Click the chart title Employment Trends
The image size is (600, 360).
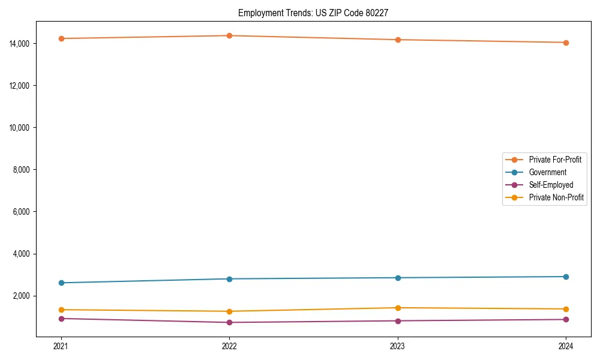point(313,13)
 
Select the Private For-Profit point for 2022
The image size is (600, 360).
point(229,35)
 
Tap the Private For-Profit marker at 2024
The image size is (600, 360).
point(566,43)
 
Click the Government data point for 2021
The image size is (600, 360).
point(61,283)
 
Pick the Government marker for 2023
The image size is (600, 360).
point(398,278)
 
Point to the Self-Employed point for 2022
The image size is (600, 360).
point(229,322)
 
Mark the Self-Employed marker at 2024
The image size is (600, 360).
point(566,319)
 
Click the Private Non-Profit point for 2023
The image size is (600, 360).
point(398,308)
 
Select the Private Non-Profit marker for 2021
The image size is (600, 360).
point(61,310)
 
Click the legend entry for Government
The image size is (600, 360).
point(547,172)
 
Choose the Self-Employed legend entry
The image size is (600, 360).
point(551,185)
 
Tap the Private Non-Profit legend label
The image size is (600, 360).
point(556,197)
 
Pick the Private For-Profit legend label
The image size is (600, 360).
point(555,160)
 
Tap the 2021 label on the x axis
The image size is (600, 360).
point(61,346)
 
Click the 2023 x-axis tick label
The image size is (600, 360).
point(398,346)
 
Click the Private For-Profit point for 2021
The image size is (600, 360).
point(61,38)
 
